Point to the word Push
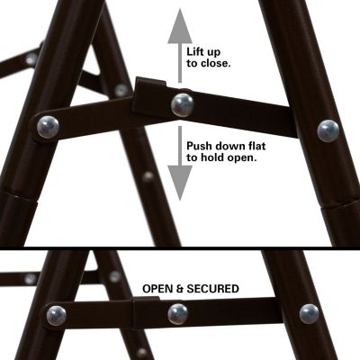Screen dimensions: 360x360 [202, 144]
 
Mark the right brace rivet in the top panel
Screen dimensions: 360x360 [328, 130]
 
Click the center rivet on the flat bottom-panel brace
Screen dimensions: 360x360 [177, 314]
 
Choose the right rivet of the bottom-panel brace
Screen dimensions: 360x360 [309, 314]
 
